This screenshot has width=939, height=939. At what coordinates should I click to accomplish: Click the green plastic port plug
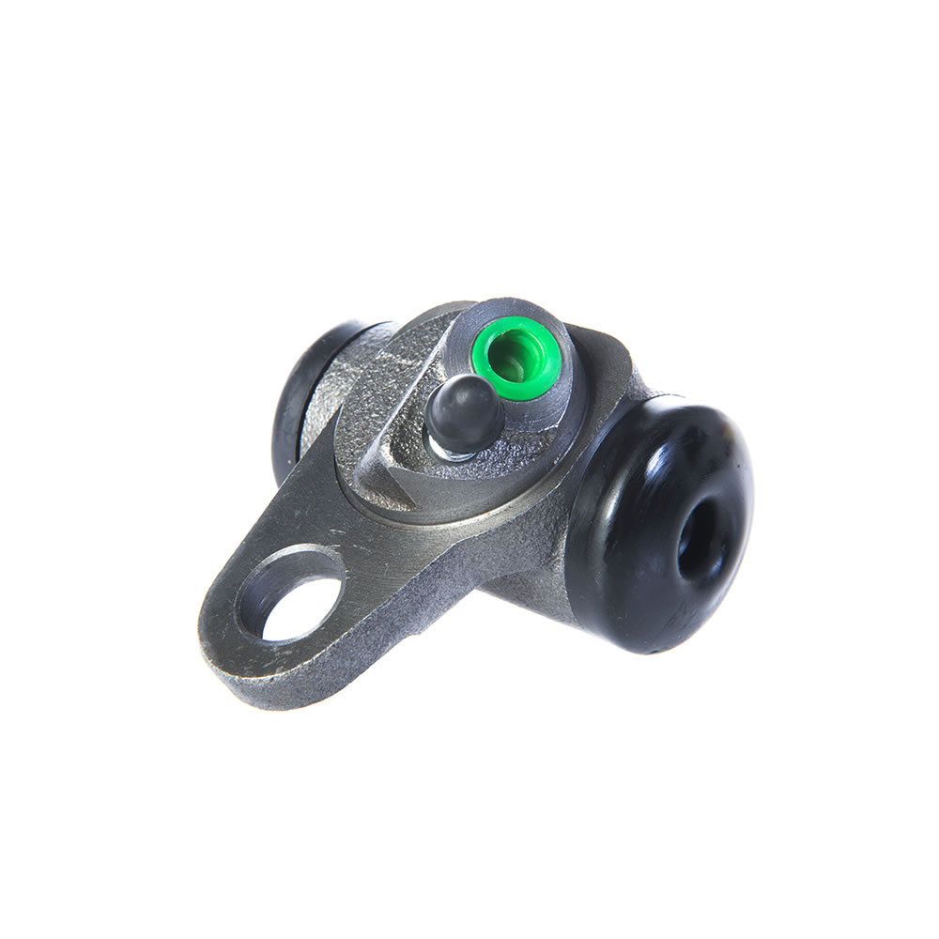pyautogui.click(x=519, y=358)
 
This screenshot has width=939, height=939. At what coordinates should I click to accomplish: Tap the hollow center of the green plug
pyautogui.click(x=513, y=357)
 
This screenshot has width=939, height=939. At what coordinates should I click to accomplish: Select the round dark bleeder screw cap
pyautogui.click(x=465, y=413)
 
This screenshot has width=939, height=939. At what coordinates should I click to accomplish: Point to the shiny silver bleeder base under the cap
pyautogui.click(x=449, y=449)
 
